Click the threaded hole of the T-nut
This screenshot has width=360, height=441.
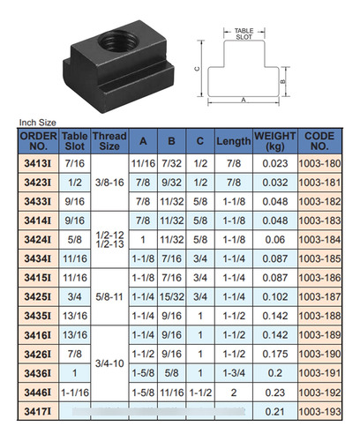pos(118,42)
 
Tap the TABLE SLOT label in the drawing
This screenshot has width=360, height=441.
pos(244,34)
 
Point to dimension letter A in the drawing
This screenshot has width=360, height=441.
pos(244,101)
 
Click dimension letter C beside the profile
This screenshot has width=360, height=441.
pos(198,69)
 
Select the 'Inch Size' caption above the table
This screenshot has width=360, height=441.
pos(37,123)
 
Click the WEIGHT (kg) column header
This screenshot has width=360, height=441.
pos(275,141)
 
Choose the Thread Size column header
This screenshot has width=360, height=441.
pos(109,141)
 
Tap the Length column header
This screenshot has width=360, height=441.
pos(234,141)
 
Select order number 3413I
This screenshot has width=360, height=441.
pos(38,163)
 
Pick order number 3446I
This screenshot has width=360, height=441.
pos(38,392)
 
